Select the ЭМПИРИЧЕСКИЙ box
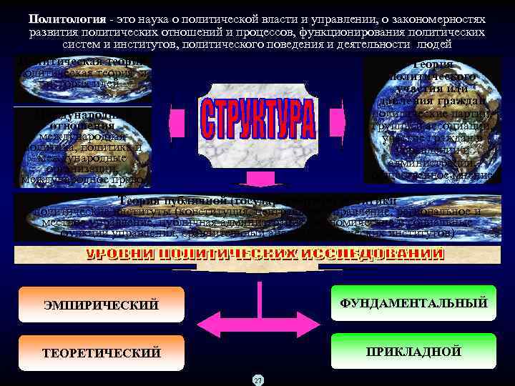coord(101,305)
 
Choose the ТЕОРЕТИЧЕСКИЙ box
coord(101,352)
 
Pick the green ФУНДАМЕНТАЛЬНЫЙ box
coord(413,303)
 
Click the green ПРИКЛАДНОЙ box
coord(413,351)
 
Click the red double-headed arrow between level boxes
coord(257,328)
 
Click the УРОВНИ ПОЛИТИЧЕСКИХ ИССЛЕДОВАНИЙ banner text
coord(265,254)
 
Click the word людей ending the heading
coord(470,44)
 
